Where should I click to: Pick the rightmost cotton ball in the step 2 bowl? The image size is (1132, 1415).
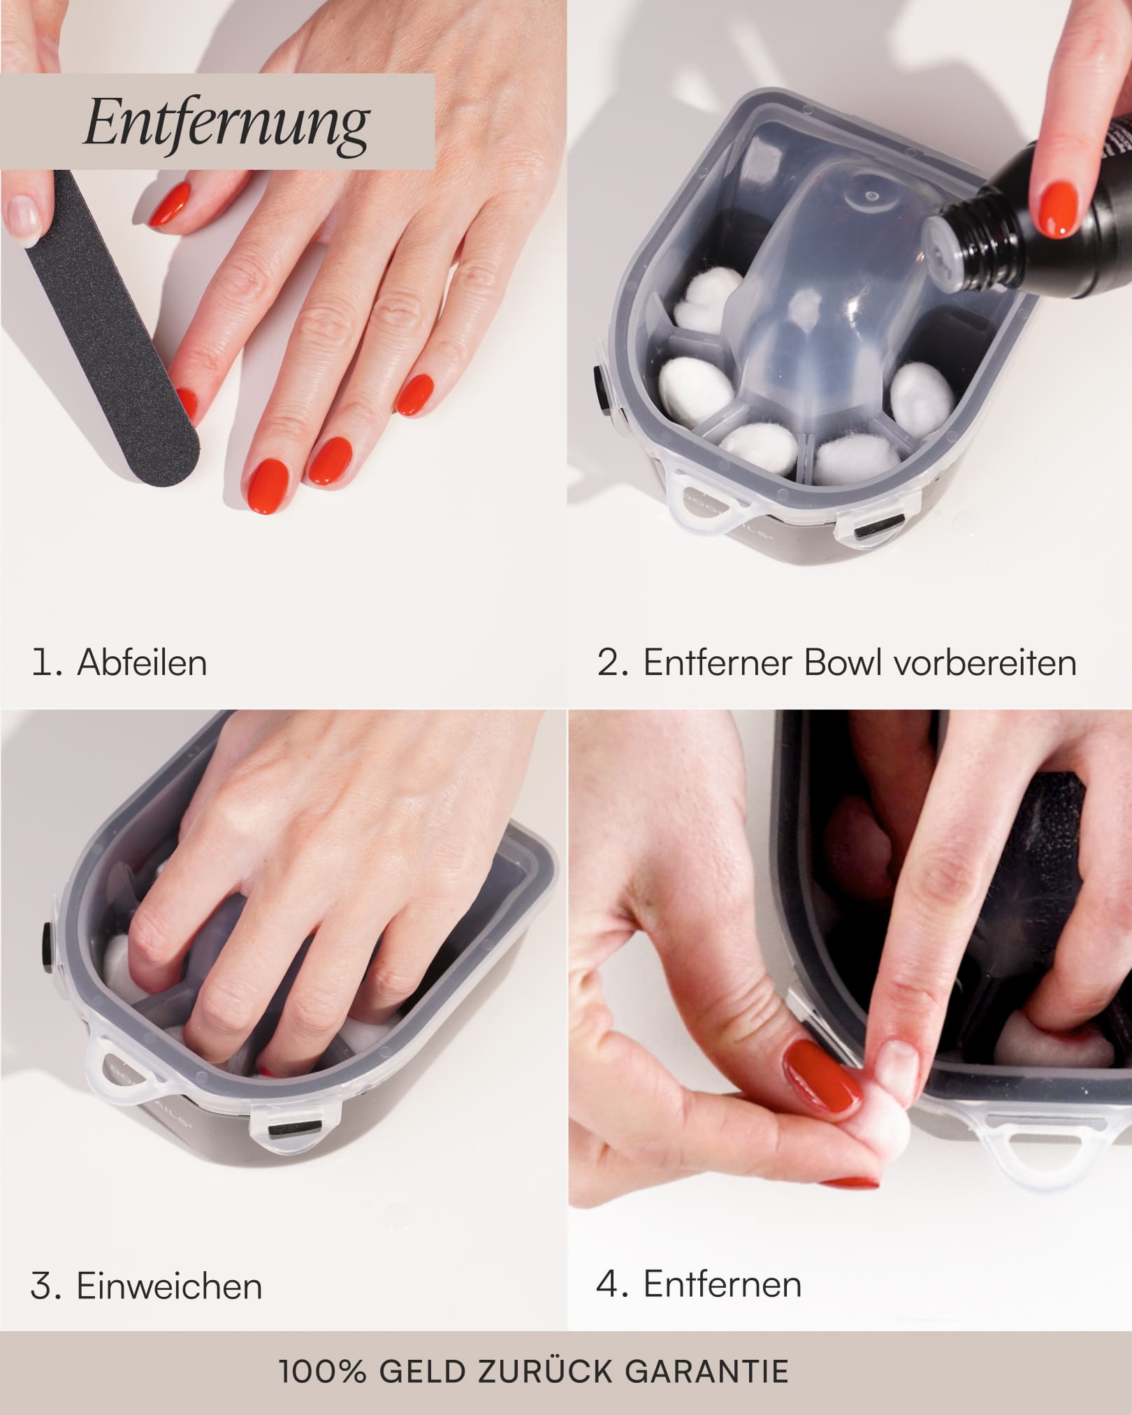[x=922, y=397]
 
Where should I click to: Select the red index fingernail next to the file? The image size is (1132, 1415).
[x=186, y=406]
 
